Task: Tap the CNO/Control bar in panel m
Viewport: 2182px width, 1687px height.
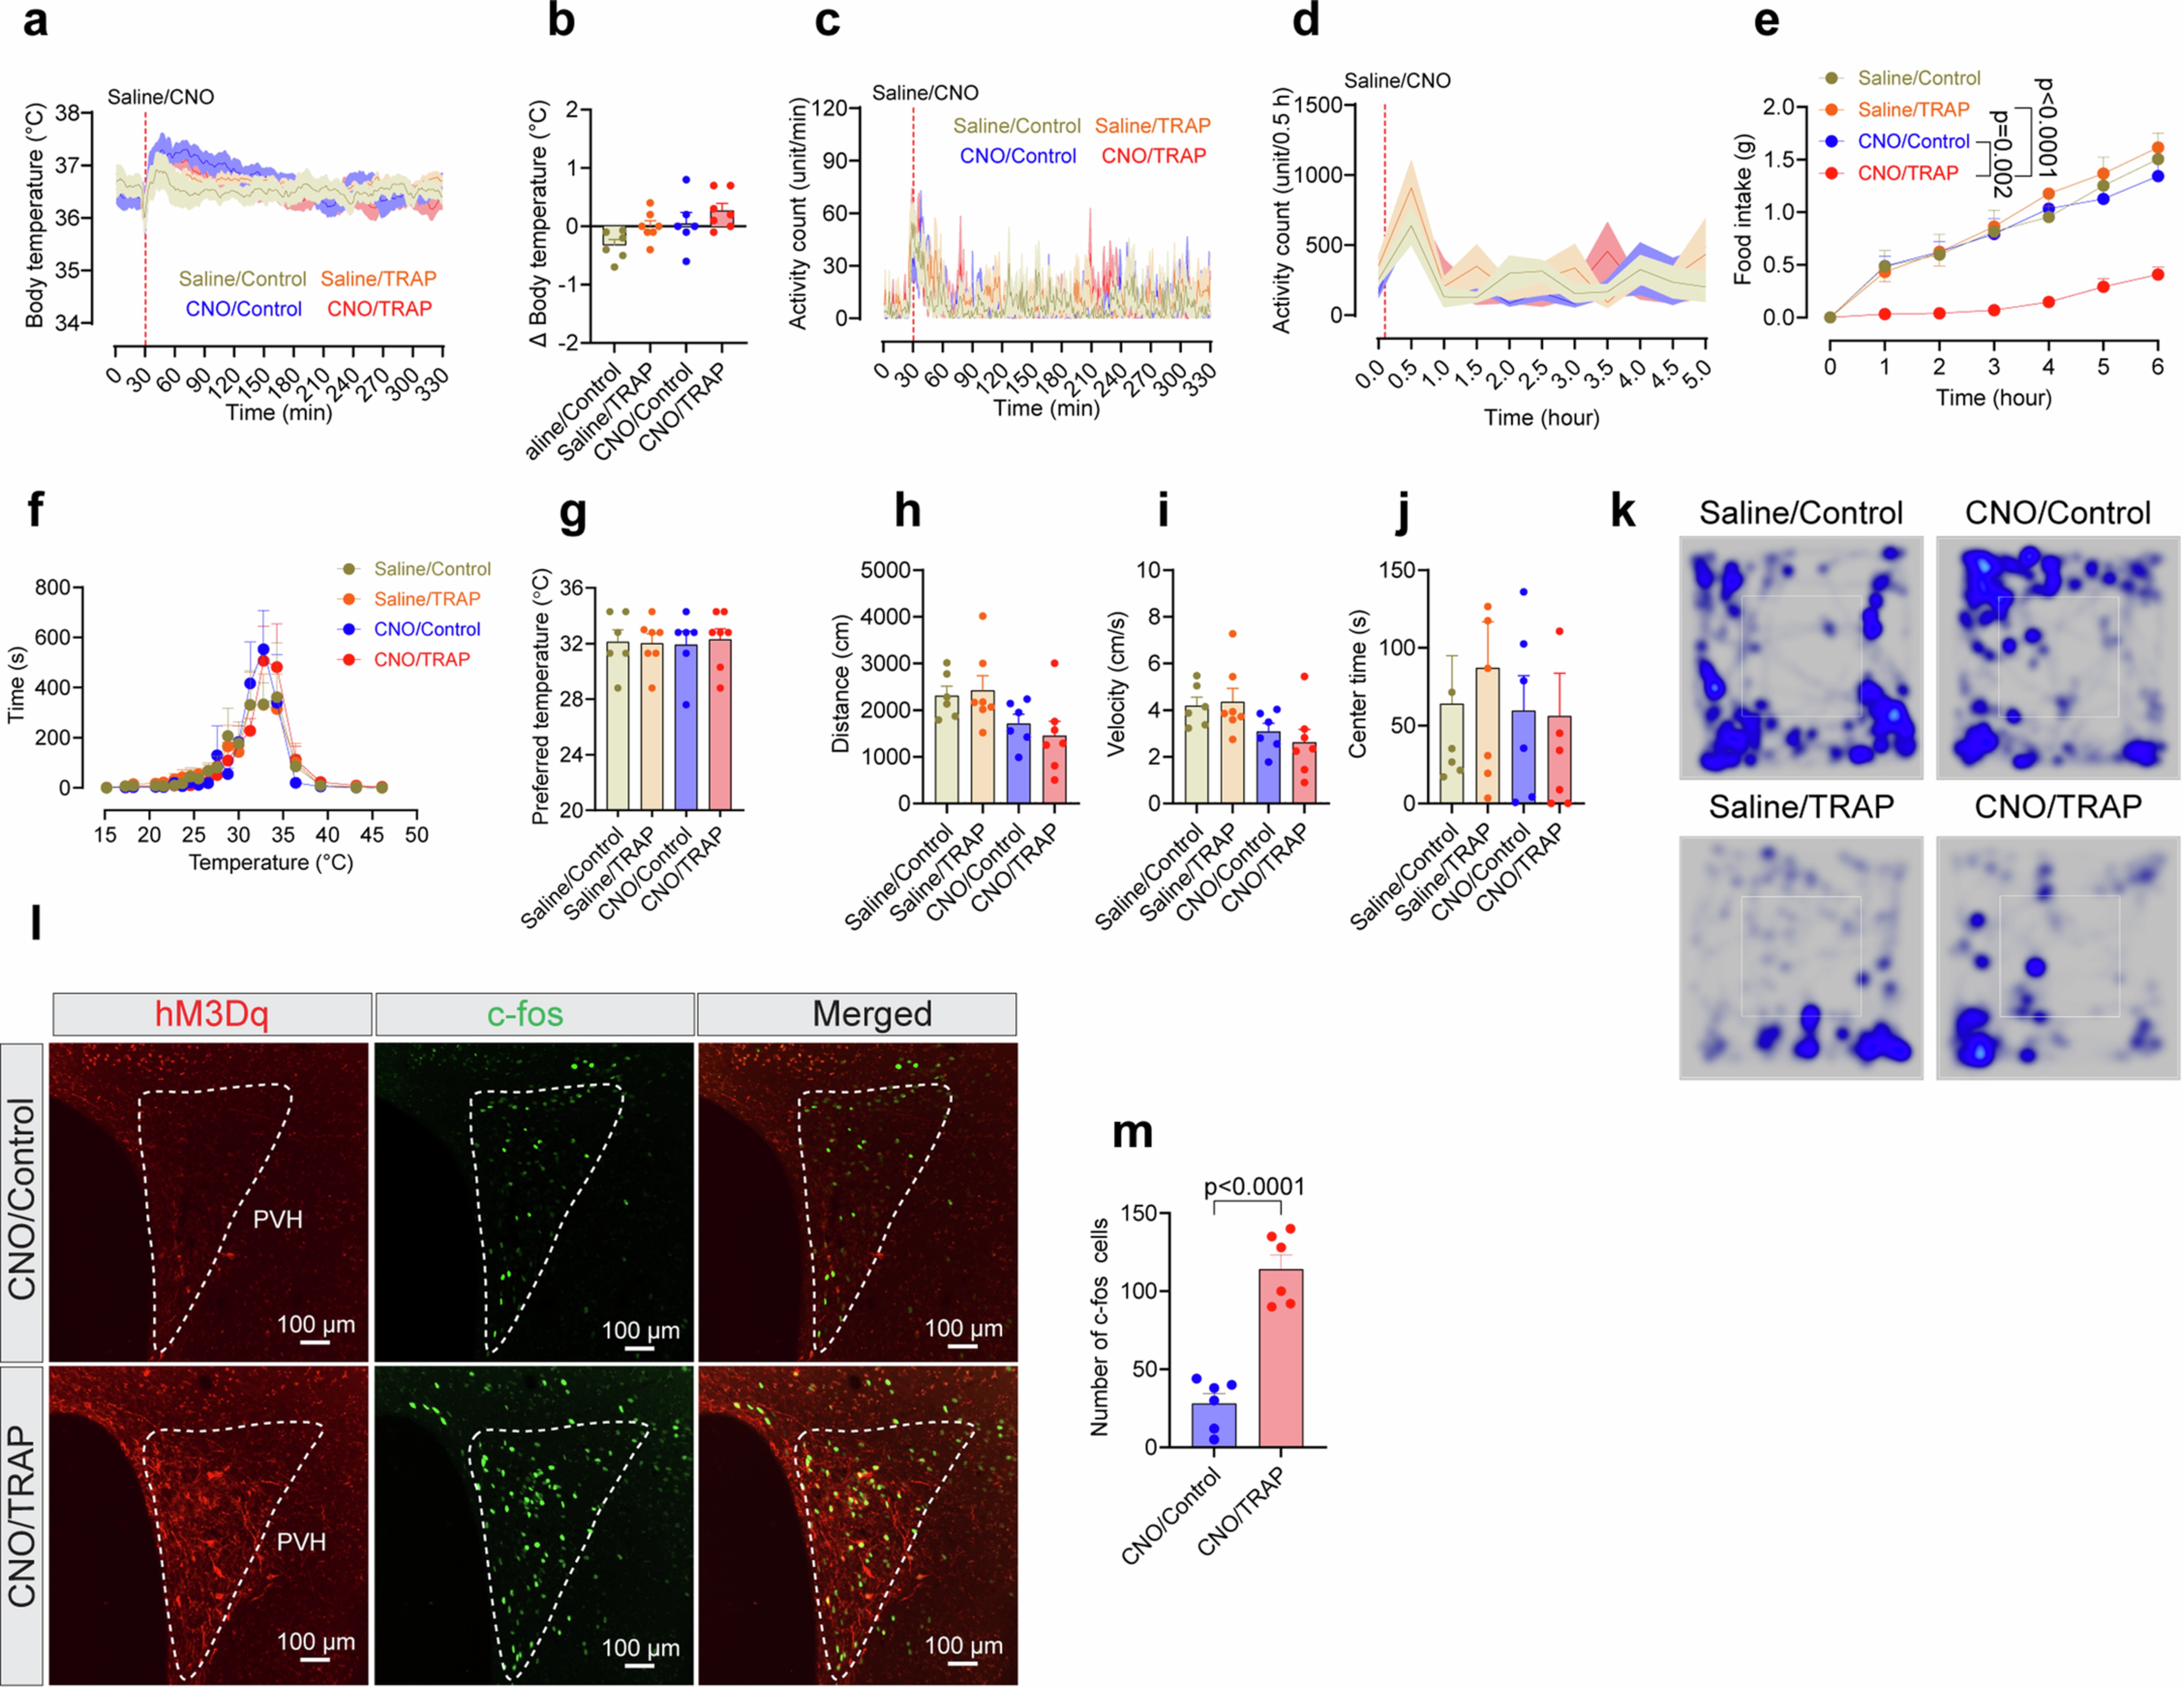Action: point(1214,1423)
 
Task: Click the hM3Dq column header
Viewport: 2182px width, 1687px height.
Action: point(212,1014)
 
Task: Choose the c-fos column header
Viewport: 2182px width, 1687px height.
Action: point(525,1014)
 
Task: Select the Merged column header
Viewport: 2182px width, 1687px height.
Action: point(871,1014)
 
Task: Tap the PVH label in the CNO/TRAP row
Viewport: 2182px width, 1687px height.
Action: point(301,1541)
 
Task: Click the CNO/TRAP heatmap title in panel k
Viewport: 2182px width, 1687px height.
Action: point(2057,806)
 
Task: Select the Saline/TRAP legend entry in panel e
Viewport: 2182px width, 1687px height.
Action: point(1912,110)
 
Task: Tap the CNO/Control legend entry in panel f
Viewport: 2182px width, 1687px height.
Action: point(427,629)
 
